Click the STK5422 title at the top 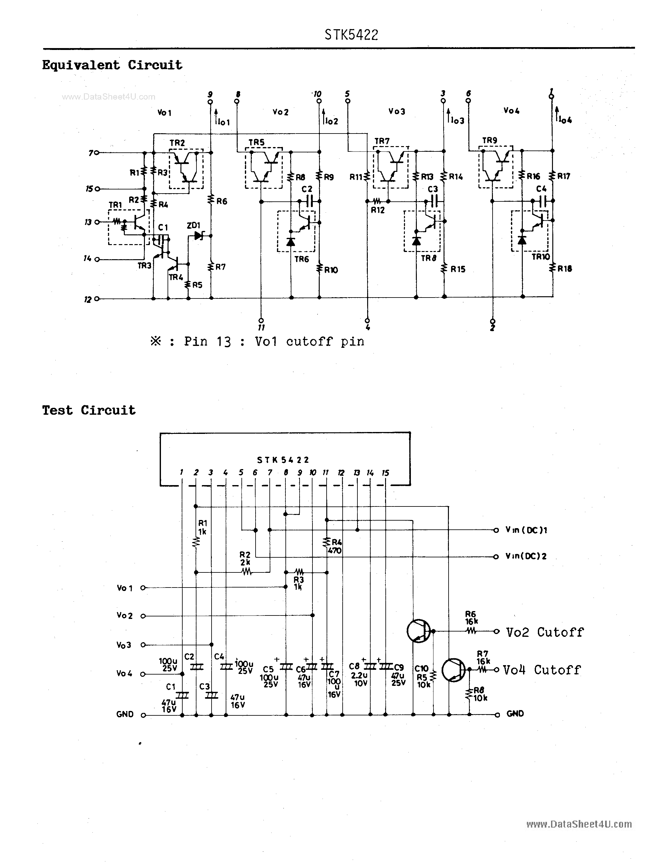click(x=351, y=35)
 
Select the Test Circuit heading click(x=89, y=410)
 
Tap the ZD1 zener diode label click(x=194, y=226)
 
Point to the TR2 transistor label click(x=177, y=143)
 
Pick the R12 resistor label click(x=378, y=211)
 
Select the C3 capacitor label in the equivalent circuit click(x=433, y=189)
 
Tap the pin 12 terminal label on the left click(x=88, y=300)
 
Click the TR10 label click(x=541, y=257)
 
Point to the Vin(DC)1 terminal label click(x=526, y=530)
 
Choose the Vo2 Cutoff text click(x=544, y=632)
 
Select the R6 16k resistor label click(x=471, y=618)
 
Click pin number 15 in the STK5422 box click(x=385, y=473)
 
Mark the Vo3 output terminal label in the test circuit click(x=124, y=645)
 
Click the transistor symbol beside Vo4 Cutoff click(x=454, y=670)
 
